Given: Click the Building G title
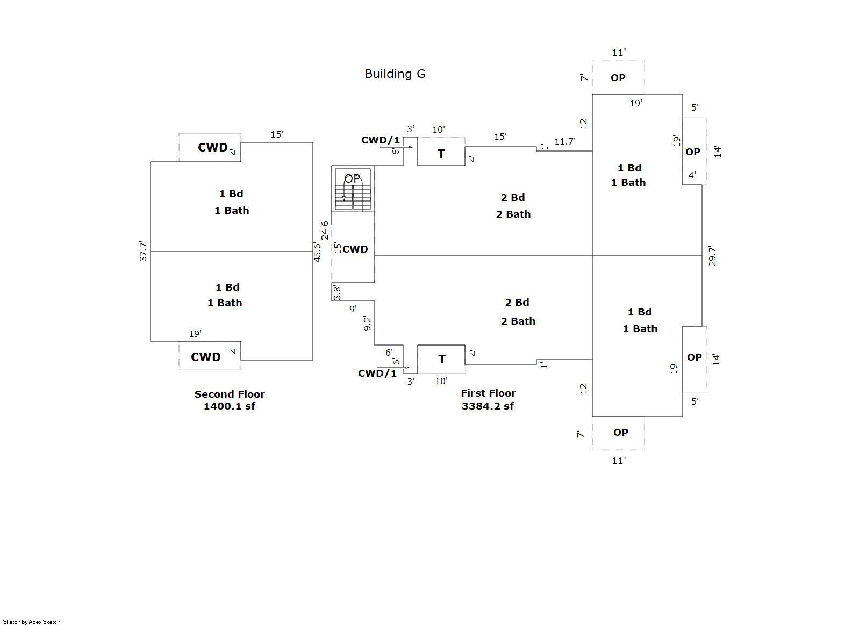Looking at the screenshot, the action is [x=395, y=74].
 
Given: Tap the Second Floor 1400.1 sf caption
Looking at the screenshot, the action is [x=230, y=400].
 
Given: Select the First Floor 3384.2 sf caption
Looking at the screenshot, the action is [x=488, y=399].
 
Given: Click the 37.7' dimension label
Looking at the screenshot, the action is [x=143, y=252].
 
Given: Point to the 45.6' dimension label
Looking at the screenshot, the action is [x=317, y=252].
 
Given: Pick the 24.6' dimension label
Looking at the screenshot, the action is [x=325, y=229].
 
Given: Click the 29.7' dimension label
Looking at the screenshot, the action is [x=712, y=256].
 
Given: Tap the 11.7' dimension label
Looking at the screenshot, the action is [x=565, y=141].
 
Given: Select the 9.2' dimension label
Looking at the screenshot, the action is [x=367, y=323].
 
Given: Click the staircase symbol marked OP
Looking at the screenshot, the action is [x=353, y=189].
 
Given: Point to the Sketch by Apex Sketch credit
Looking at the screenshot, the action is [x=32, y=622].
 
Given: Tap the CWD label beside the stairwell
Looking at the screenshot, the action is [x=355, y=249].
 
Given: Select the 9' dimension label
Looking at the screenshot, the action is [x=353, y=308].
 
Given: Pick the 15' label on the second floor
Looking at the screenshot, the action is [x=277, y=134].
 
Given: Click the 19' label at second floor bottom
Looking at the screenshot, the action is [x=195, y=334].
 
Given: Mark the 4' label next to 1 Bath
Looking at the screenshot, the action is [x=692, y=175].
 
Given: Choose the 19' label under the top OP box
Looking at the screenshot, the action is [x=636, y=103].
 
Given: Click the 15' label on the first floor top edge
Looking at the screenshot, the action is [x=500, y=137].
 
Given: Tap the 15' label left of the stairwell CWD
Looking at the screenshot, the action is [x=338, y=248].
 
